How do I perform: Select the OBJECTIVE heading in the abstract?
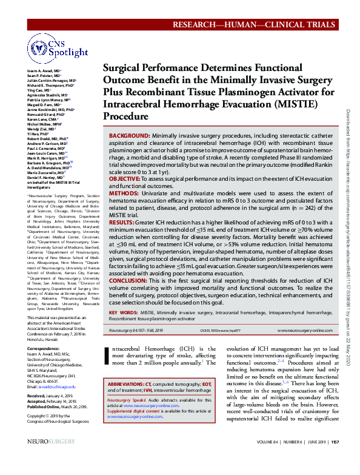(x=127, y=180)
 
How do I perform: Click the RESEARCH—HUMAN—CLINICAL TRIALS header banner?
(x=254, y=24)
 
